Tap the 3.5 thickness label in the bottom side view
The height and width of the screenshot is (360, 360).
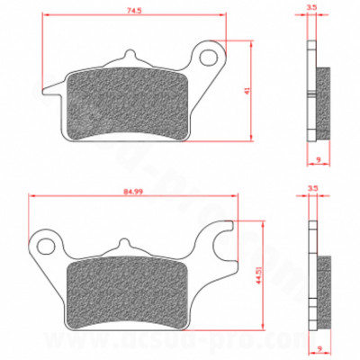point(311,188)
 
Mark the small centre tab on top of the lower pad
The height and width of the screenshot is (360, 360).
point(127,243)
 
